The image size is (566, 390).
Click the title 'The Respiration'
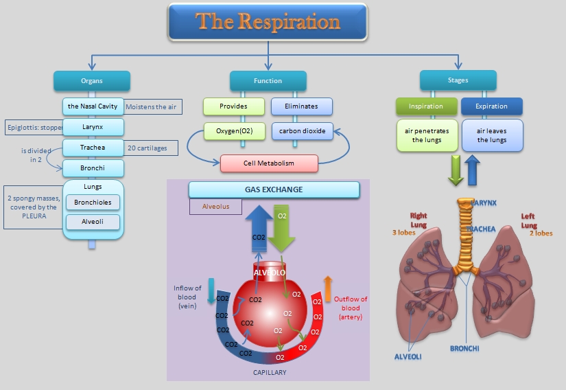point(268,21)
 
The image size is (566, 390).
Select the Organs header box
point(91,81)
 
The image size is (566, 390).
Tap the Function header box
point(268,81)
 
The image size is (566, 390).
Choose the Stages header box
point(458,80)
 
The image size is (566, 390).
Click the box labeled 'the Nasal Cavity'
point(93,106)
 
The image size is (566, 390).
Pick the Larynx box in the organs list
point(93,127)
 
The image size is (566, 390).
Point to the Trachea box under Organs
point(93,148)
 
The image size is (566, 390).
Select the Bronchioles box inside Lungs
point(93,202)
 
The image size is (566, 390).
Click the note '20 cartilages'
point(148,148)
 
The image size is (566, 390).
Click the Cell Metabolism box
point(269,163)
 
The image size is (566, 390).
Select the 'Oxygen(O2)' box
point(234,130)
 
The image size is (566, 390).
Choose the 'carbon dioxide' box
point(302,130)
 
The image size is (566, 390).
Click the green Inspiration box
point(426,106)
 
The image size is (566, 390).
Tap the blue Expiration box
point(491,106)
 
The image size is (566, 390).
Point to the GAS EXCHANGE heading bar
point(274,190)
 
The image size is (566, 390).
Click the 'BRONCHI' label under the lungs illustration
point(464,348)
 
